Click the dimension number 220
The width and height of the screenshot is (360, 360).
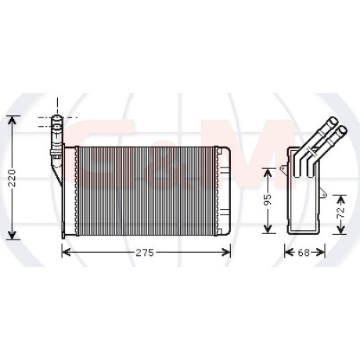pyautogui.click(x=12, y=178)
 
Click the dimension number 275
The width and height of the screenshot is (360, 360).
pyautogui.click(x=145, y=253)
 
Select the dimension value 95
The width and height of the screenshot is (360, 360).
pyautogui.click(x=268, y=200)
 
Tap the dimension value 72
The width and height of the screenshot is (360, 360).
pyautogui.click(x=340, y=213)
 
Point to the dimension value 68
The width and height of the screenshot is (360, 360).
pyautogui.click(x=304, y=253)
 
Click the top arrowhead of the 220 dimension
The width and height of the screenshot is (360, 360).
pyautogui.click(x=12, y=121)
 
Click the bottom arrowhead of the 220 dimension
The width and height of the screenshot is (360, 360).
pyautogui.click(x=12, y=235)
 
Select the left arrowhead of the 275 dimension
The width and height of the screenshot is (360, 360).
pyautogui.click(x=67, y=252)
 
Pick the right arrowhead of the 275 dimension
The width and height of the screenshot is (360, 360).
pyautogui.click(x=226, y=252)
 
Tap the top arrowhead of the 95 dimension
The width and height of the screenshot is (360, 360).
pyautogui.click(x=268, y=173)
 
